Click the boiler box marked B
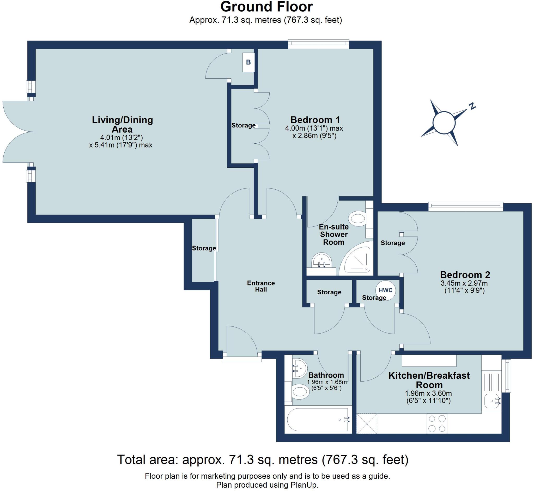(248, 62)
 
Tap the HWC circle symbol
(385, 290)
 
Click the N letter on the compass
(472, 106)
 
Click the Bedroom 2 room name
(465, 274)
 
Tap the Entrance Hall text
(261, 286)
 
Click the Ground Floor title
(266, 7)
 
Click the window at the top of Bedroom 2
(466, 206)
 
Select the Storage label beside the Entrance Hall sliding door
(204, 248)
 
